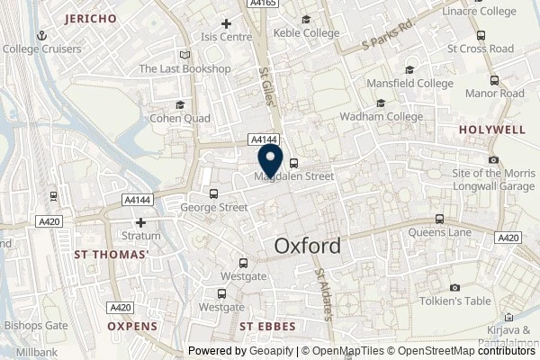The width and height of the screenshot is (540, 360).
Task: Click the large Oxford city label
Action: click(307, 246)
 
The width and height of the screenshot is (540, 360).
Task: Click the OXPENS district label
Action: click(132, 326)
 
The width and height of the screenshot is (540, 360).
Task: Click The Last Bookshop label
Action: click(185, 69)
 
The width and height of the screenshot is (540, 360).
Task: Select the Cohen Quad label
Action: click(181, 119)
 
